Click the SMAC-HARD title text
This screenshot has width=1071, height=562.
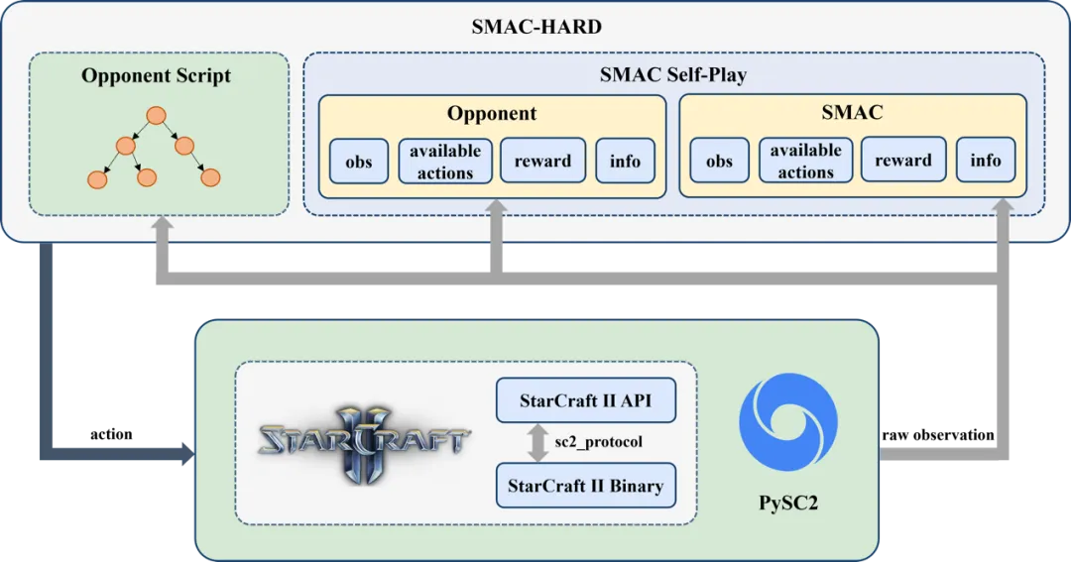tap(535, 26)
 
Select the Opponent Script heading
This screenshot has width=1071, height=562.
tap(157, 75)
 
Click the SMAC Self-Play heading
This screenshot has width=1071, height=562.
tap(672, 74)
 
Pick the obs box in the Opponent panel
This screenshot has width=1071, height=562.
tap(359, 162)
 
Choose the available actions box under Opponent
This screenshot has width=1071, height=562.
tap(444, 162)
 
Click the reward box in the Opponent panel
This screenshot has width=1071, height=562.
tap(542, 162)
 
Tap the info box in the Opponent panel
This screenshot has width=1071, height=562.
tap(625, 162)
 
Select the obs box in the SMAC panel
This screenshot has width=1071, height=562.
tap(719, 162)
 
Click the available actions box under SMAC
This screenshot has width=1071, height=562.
tap(805, 162)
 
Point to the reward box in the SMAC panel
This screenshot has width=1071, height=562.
tap(902, 162)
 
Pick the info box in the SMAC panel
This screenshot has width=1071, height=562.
tap(986, 161)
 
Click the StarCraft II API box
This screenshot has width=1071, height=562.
tap(585, 400)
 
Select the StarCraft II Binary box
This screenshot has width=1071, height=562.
tap(585, 486)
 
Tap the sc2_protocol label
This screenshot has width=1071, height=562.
tap(598, 441)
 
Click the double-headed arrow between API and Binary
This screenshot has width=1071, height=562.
tap(537, 443)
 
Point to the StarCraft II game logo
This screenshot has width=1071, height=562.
tap(364, 441)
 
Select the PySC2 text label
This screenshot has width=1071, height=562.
tap(789, 503)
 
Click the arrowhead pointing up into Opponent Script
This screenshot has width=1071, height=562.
tap(162, 227)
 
